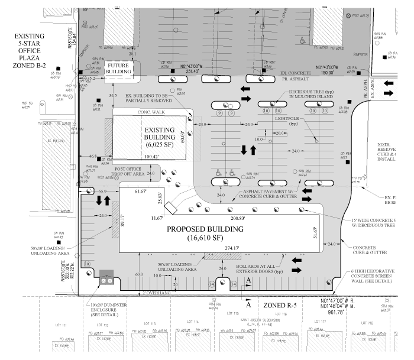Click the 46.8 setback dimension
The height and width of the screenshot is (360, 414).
click(x=93, y=156)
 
